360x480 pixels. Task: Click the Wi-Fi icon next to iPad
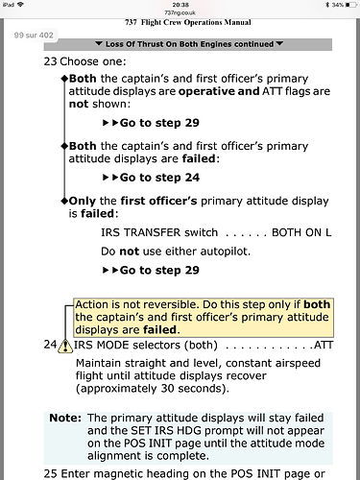click(x=21, y=5)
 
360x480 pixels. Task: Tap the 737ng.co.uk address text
click(x=180, y=12)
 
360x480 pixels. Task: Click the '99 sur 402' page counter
click(x=34, y=36)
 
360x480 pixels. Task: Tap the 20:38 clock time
click(x=180, y=5)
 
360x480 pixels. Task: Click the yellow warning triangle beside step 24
click(x=65, y=346)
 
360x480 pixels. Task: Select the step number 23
click(x=50, y=61)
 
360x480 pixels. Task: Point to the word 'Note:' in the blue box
click(x=65, y=418)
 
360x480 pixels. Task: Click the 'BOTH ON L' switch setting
click(x=301, y=232)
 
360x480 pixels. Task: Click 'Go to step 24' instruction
click(x=159, y=178)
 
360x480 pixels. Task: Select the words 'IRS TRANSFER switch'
click(x=159, y=232)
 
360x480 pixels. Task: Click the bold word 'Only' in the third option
click(x=83, y=201)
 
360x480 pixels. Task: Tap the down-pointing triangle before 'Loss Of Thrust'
click(x=99, y=43)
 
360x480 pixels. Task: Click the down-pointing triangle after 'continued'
click(x=279, y=43)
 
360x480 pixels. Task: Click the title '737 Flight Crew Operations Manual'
click(x=188, y=22)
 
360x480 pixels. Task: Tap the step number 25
click(x=50, y=473)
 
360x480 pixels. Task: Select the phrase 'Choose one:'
click(x=93, y=61)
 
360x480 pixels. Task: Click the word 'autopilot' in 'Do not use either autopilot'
click(x=225, y=252)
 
